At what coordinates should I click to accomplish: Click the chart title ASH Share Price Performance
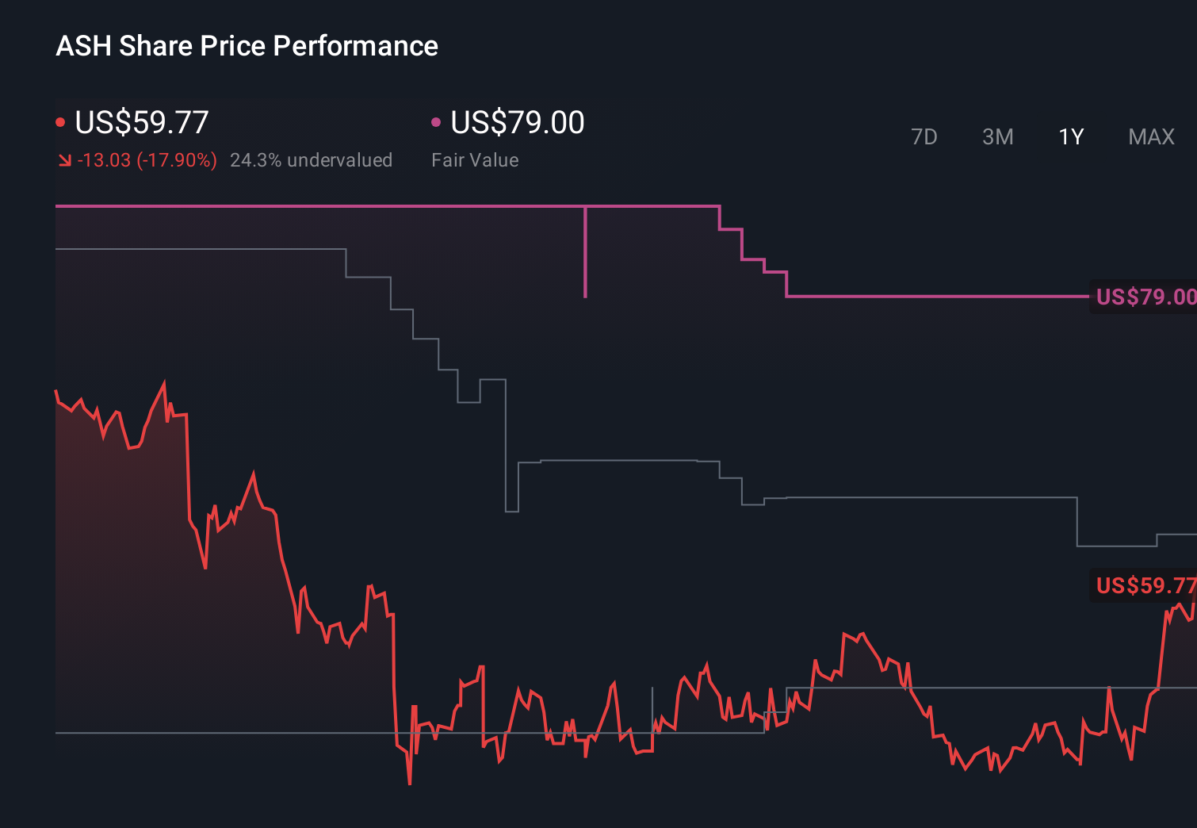click(x=247, y=46)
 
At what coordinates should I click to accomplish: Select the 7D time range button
click(x=924, y=137)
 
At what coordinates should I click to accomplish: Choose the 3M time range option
click(x=997, y=137)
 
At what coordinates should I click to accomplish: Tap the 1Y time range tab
click(x=1071, y=137)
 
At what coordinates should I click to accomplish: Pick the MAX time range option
click(x=1151, y=137)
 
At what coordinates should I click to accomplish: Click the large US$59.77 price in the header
click(x=141, y=123)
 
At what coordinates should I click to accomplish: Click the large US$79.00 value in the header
click(x=517, y=123)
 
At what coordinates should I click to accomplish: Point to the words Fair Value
click(x=475, y=160)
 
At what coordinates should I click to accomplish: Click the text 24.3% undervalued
click(x=311, y=160)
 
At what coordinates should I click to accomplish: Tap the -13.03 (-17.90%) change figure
click(x=147, y=160)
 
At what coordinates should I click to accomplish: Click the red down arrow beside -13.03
click(x=64, y=160)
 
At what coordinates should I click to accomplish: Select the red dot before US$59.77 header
click(x=60, y=122)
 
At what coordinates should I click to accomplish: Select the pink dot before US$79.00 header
click(x=435, y=122)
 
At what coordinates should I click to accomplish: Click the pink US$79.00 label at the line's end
click(x=1145, y=297)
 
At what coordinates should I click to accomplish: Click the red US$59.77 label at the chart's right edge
click(x=1145, y=585)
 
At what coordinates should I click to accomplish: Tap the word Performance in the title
click(x=355, y=46)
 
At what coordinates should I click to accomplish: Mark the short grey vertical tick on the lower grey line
click(x=652, y=706)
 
